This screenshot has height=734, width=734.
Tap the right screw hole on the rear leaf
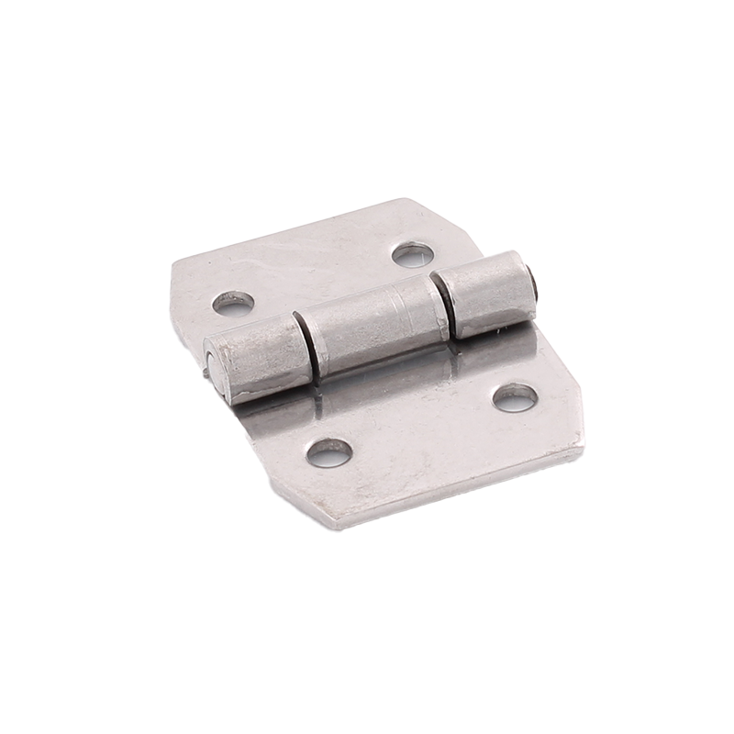[412, 254]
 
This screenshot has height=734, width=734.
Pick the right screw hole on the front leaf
[515, 396]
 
